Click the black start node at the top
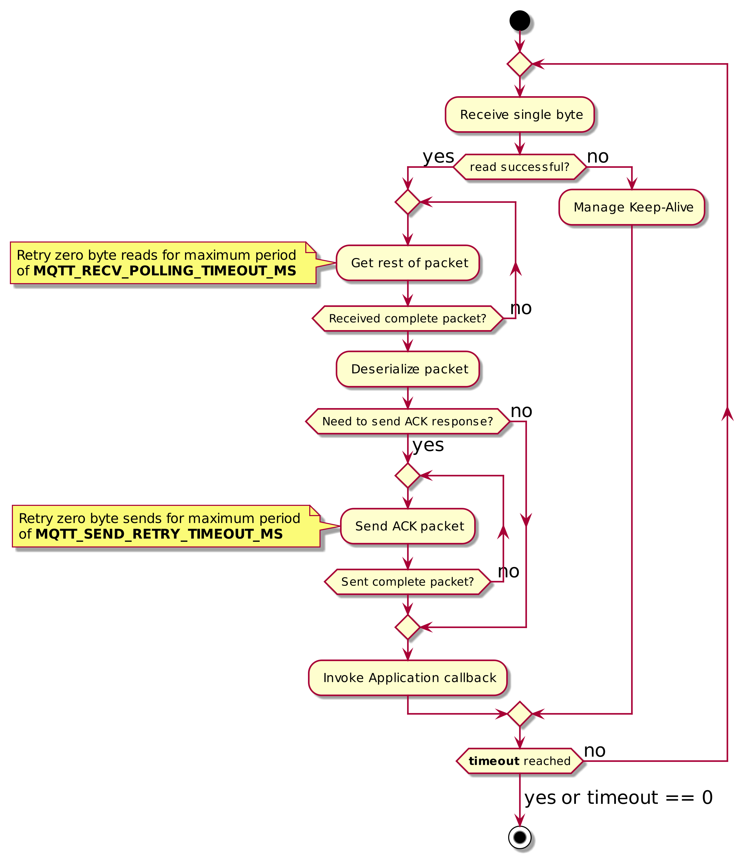[519, 20]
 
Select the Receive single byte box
[519, 115]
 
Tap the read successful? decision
[519, 167]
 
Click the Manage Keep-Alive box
[631, 207]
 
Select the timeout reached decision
[519, 761]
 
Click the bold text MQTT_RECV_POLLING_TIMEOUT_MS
[165, 271]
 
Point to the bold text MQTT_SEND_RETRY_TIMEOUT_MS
[159, 534]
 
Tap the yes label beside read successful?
[438, 157]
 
